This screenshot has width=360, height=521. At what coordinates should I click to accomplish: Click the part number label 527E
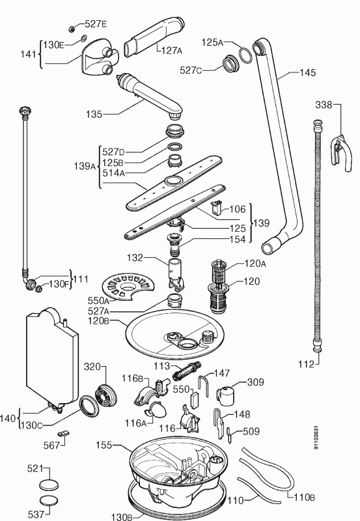(x=96, y=24)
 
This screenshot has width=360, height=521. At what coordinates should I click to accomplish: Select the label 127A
(x=172, y=51)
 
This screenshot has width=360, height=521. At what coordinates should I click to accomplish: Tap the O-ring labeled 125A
(x=245, y=55)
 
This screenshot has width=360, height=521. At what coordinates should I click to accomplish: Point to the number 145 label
(x=307, y=73)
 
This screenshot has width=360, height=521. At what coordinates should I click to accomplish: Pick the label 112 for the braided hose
(x=306, y=364)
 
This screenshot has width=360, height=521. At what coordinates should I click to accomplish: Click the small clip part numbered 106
(x=216, y=208)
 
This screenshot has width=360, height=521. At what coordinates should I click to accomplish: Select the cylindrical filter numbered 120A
(x=219, y=274)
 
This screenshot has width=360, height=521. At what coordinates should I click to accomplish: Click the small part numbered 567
(x=63, y=433)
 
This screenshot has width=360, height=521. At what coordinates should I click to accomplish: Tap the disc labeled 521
(x=48, y=485)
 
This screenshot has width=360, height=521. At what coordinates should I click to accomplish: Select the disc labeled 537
(x=48, y=501)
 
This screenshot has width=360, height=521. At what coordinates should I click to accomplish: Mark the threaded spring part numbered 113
(x=187, y=369)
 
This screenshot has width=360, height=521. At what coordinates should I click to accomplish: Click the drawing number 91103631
(x=316, y=438)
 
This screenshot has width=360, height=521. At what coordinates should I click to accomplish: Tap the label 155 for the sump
(x=104, y=445)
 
